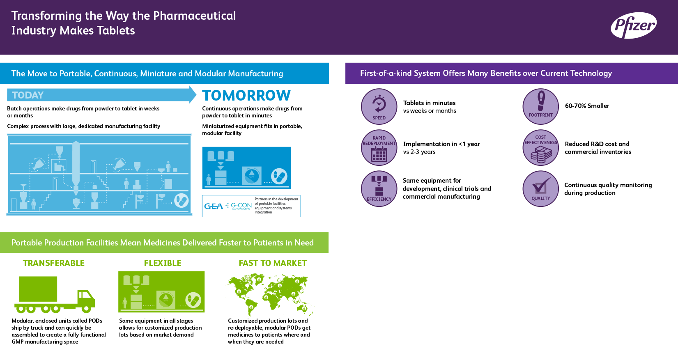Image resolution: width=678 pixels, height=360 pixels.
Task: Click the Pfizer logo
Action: [634, 25]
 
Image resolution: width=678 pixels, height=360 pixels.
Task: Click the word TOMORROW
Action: [246, 95]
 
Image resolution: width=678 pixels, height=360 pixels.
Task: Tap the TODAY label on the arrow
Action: [28, 95]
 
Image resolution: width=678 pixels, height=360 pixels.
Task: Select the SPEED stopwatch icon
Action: [379, 106]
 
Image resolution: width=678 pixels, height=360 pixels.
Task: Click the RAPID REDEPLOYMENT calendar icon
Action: [379, 148]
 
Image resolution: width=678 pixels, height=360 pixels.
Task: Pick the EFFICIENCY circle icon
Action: [379, 189]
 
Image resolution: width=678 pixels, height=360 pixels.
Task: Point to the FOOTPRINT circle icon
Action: [540, 106]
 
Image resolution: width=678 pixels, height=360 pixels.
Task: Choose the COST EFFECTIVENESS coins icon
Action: [540, 148]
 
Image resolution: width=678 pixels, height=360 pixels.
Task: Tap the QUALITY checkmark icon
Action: [540, 189]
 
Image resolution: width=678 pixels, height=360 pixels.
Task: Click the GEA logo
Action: [214, 206]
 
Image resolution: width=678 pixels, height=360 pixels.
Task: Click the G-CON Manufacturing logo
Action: [241, 206]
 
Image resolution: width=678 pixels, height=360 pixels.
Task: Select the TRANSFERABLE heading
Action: [53, 263]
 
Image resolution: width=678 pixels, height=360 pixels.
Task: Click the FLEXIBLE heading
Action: [163, 263]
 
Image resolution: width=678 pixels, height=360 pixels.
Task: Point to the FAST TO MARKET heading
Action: [273, 263]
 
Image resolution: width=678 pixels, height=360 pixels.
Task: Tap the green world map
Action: [270, 295]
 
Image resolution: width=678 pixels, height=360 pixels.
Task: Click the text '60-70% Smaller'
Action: [587, 106]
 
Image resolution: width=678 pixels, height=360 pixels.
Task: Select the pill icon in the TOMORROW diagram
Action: [279, 177]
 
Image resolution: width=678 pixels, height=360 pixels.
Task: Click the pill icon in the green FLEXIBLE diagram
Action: [193, 300]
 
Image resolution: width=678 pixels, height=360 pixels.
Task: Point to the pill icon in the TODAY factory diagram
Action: [182, 201]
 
